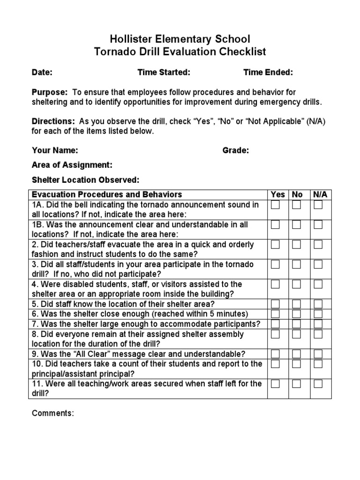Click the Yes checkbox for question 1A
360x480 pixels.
pos(275,205)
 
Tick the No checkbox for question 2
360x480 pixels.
pos(296,244)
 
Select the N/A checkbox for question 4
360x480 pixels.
pos(318,284)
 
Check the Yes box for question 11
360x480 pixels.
pos(275,383)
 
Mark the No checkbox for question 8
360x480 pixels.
pos(296,334)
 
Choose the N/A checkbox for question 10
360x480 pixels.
pos(318,364)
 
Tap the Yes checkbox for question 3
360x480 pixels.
pos(275,264)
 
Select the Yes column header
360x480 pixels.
pos(278,195)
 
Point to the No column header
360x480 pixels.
pos(297,195)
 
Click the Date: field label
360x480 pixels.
pos(42,72)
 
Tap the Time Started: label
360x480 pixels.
pos(164,72)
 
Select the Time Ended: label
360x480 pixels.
pos(268,72)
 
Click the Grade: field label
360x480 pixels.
pos(235,150)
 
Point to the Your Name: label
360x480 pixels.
pos(55,150)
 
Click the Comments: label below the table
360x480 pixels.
pos(52,413)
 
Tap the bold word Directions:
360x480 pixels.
pos(53,121)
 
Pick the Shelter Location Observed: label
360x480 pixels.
pos(85,180)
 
